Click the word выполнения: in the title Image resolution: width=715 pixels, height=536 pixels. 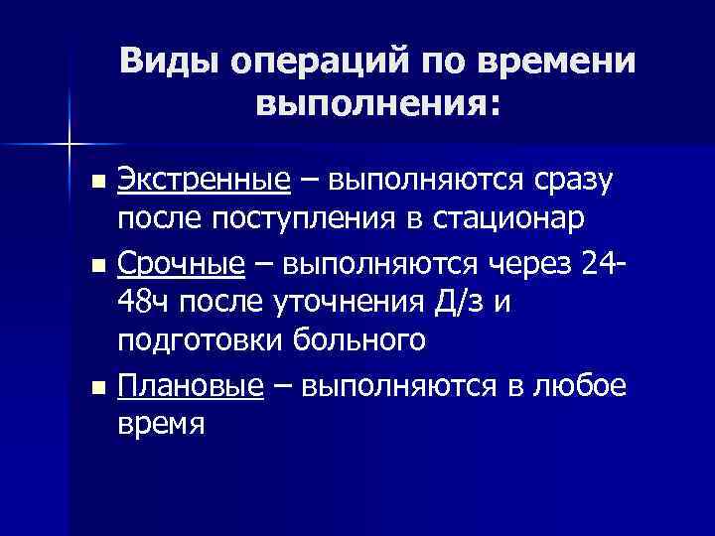[x=376, y=103]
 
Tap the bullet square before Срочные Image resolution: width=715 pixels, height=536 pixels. [x=96, y=265]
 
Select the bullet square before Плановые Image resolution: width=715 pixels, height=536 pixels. [x=96, y=388]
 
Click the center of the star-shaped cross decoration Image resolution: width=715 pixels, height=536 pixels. [x=69, y=146]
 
